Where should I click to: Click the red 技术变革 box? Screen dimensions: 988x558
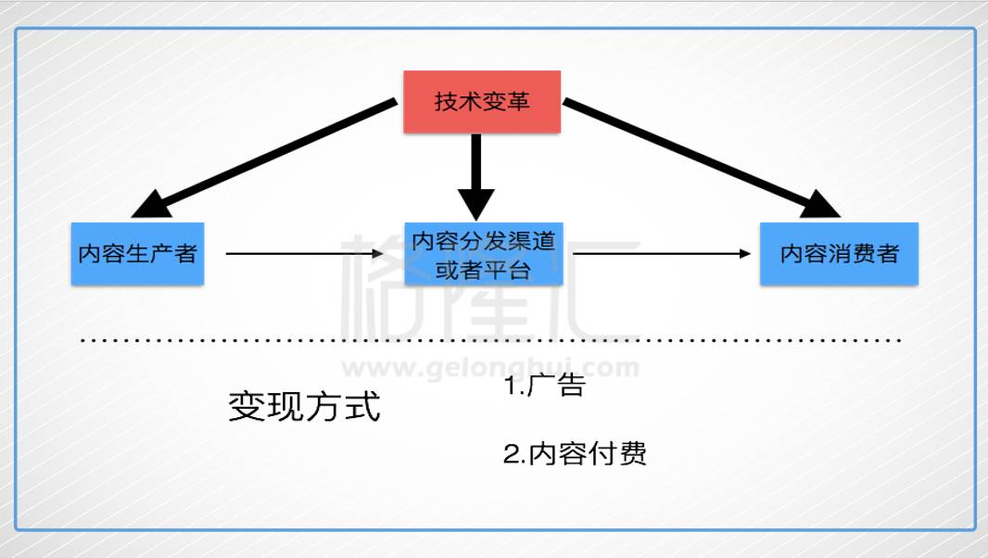tap(482, 102)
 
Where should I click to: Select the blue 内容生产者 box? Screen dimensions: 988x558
tap(137, 253)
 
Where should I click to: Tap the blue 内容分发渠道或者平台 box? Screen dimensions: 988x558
tap(483, 253)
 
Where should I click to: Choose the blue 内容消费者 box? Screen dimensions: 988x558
tap(839, 253)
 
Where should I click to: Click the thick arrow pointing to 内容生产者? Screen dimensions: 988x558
tap(265, 159)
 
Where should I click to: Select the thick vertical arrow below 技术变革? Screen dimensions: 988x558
tap(476, 176)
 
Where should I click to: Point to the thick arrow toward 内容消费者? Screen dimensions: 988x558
tap(702, 159)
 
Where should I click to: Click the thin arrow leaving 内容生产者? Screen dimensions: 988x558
tap(304, 253)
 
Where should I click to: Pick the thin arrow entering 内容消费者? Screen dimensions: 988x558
tap(662, 253)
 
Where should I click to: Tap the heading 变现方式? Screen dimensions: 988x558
tap(304, 406)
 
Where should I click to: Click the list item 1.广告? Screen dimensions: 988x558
tap(545, 385)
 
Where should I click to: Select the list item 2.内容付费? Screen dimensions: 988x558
tap(575, 453)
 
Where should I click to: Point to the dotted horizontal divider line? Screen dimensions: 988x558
tap(491, 340)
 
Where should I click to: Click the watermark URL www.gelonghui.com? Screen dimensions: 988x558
tap(490, 367)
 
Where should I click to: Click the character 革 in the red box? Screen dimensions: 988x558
tap(518, 102)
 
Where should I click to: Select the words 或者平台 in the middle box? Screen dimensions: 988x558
tap(483, 271)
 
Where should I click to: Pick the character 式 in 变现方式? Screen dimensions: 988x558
tap(363, 406)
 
